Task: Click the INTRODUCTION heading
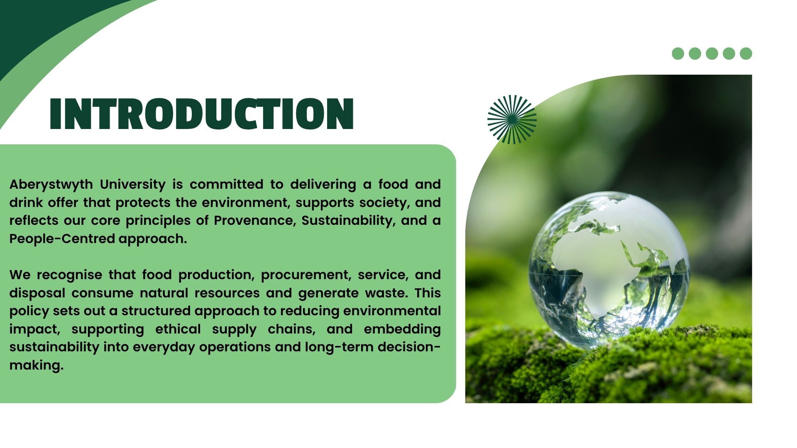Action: pos(202,114)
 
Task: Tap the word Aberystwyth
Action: pos(51,185)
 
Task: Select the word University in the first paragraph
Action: pos(133,185)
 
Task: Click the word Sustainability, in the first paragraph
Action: pos(348,221)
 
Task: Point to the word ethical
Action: pos(178,329)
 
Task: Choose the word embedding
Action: pos(402,329)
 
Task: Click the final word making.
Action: pos(37,365)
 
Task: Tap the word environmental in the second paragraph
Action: pos(392,311)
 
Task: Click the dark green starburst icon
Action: pos(512,119)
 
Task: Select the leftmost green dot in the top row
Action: pos(678,54)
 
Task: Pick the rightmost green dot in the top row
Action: pos(746,54)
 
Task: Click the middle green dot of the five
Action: pos(712,54)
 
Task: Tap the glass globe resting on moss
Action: pos(609,270)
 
